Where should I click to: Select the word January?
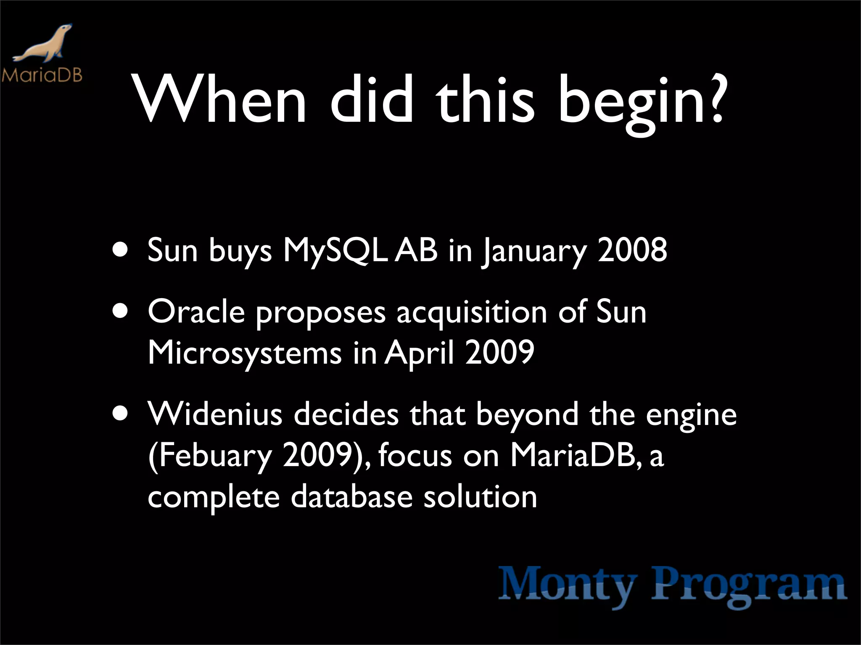533,252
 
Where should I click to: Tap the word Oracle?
196,312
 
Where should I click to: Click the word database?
351,496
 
